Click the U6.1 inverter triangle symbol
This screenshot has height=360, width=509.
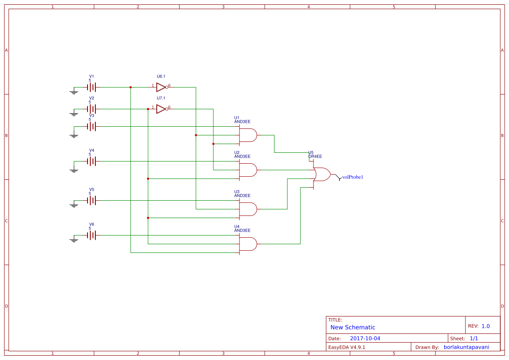coord(161,87)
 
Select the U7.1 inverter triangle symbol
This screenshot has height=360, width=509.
coord(161,109)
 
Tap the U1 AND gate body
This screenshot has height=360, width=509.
coord(248,135)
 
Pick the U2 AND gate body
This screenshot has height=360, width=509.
coord(248,170)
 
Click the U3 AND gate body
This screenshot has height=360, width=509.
coord(248,209)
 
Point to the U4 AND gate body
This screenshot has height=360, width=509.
coord(248,244)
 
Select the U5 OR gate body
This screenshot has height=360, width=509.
coord(321,175)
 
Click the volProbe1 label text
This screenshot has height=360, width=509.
coord(353,177)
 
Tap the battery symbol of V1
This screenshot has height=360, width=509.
coord(91,87)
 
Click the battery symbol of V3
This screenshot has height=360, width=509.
coord(91,127)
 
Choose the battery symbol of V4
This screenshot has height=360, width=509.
coord(91,161)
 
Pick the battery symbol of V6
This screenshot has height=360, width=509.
coord(91,236)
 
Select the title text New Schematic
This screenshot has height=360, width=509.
coord(353,327)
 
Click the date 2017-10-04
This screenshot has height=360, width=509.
coord(365,339)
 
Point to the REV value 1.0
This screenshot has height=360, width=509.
coord(485,326)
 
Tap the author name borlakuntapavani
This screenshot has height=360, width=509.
coord(466,347)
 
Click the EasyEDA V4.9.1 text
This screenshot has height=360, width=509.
coord(347,347)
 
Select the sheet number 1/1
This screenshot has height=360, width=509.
coord(474,339)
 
